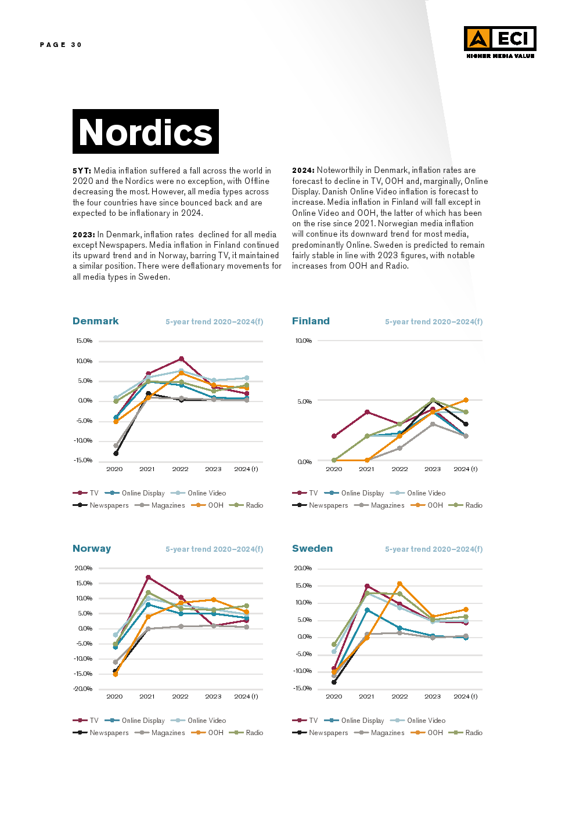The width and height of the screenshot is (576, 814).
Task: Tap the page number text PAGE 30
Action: tap(61, 45)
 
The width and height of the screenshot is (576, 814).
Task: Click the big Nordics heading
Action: tap(146, 132)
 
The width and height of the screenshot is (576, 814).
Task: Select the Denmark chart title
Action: tap(96, 321)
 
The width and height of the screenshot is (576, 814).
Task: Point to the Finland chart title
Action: tap(311, 321)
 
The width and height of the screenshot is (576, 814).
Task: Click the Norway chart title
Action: tap(92, 548)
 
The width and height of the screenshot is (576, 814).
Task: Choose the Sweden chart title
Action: tap(312, 548)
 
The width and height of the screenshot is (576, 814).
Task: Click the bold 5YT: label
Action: tap(82, 171)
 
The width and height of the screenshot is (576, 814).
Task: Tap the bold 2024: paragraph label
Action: tap(303, 170)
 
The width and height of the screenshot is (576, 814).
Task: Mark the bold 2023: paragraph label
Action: tap(84, 234)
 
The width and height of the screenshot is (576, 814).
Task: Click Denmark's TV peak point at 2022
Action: tap(181, 359)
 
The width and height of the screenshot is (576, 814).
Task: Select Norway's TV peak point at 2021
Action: tap(148, 577)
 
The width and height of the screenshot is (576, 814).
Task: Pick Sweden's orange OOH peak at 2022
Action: tap(399, 584)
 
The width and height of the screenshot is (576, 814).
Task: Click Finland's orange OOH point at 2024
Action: tap(466, 400)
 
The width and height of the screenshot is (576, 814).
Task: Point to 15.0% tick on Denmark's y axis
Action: tap(84, 341)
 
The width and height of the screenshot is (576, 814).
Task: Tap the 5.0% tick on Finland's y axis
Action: tap(304, 401)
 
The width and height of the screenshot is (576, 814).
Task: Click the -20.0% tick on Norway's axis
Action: tap(83, 689)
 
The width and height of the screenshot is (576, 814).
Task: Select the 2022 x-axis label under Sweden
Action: tap(399, 696)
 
